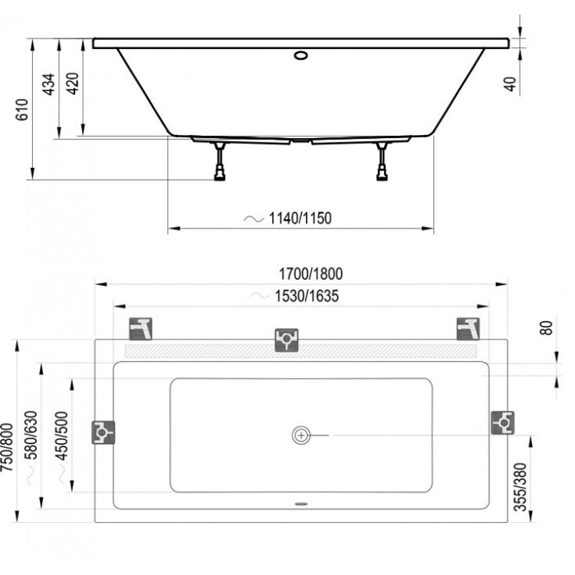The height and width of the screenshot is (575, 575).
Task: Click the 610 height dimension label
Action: (x=22, y=110)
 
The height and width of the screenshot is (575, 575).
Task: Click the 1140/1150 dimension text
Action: (x=299, y=219)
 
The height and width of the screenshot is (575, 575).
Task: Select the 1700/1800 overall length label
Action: (x=310, y=274)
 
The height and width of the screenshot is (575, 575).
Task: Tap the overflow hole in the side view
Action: (x=300, y=55)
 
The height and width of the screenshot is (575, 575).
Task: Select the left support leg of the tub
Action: (x=222, y=161)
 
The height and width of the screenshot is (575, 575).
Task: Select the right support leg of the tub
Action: (x=381, y=161)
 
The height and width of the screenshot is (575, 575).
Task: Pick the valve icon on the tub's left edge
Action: (x=103, y=433)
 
